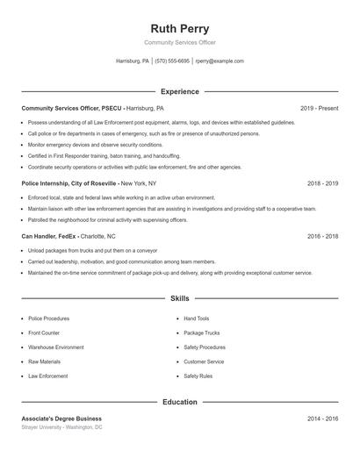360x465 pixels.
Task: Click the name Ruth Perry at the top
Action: coord(180,29)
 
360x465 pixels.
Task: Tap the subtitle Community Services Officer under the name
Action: coord(180,42)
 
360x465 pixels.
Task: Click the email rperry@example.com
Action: coord(220,61)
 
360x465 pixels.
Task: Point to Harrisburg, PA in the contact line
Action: coord(133,61)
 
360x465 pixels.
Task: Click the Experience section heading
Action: coord(180,91)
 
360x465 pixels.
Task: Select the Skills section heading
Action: coord(180,298)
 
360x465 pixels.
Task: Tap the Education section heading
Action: coord(180,402)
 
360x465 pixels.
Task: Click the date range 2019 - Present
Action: coord(319,108)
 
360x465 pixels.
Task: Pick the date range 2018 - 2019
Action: coord(322,183)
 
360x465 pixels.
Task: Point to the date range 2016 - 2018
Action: coord(322,236)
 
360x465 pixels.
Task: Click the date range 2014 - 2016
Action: coord(322,418)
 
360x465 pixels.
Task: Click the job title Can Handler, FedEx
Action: coord(49,236)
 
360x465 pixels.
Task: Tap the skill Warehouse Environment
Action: coord(56,347)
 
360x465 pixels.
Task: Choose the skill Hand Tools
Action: coord(197,318)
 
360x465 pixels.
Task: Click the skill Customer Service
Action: coord(204,361)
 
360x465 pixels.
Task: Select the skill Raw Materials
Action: coord(44,361)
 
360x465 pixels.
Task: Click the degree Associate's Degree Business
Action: coord(61,418)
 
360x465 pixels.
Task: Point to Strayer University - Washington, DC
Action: coord(61,427)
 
